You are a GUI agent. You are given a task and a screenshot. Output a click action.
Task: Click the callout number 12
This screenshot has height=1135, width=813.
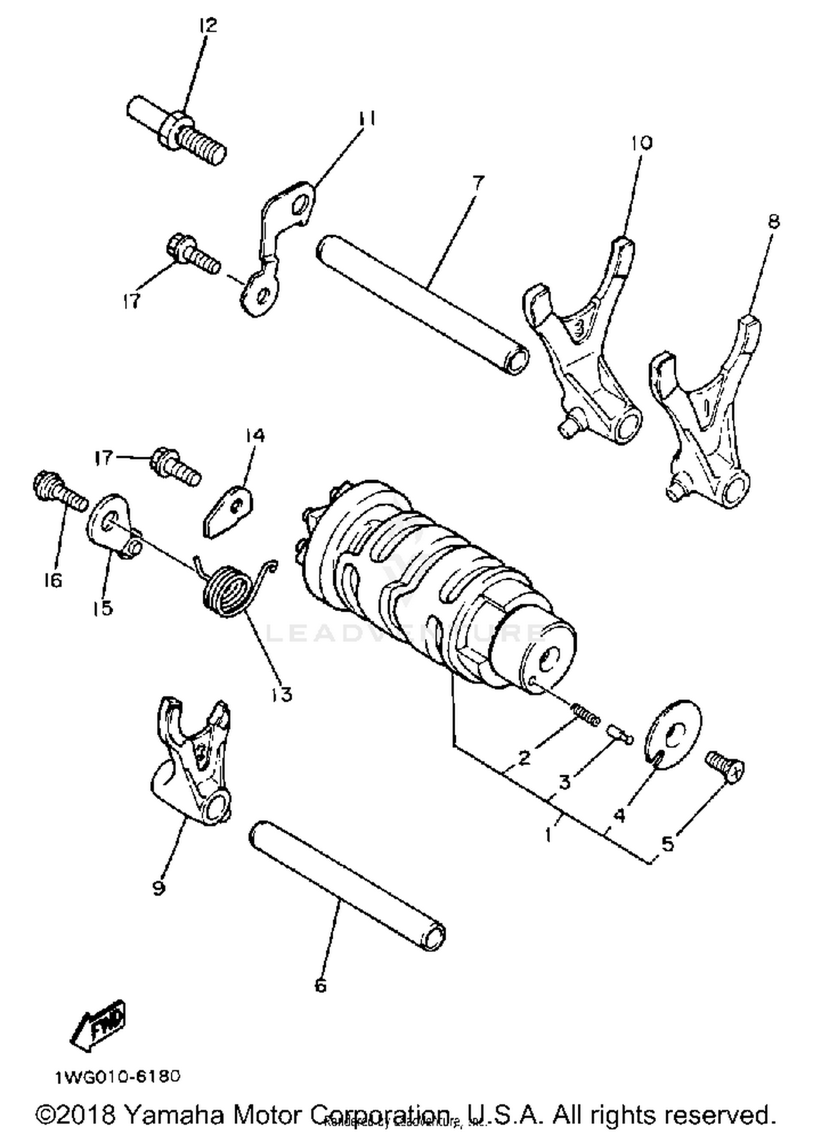point(207,25)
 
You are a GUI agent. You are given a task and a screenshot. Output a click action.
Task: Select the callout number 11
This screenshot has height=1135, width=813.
point(366,119)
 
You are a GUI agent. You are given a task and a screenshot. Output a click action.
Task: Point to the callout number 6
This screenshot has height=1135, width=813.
point(320,985)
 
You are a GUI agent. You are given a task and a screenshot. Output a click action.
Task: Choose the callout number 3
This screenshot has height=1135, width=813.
point(565,782)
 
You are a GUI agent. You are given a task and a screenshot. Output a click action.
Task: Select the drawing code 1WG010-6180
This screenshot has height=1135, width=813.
point(117,1076)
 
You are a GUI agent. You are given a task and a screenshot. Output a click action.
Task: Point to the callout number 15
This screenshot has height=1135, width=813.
point(102,608)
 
